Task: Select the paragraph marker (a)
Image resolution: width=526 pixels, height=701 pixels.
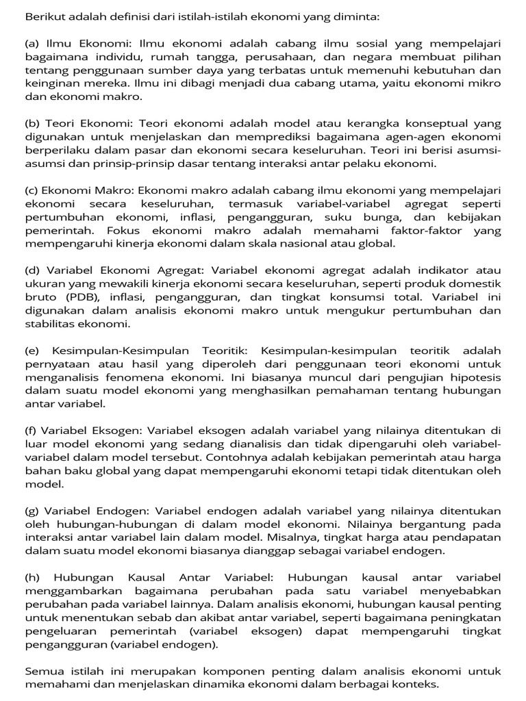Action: point(32,43)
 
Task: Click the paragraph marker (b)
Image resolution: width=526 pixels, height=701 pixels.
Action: point(32,123)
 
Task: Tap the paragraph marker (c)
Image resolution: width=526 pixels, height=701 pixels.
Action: point(32,190)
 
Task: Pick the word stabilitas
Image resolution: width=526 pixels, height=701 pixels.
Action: point(51,324)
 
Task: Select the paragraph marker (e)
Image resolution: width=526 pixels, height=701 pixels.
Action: point(32,350)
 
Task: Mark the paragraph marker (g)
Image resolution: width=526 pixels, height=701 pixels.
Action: point(32,511)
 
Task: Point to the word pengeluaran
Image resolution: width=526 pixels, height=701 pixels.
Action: point(60,631)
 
